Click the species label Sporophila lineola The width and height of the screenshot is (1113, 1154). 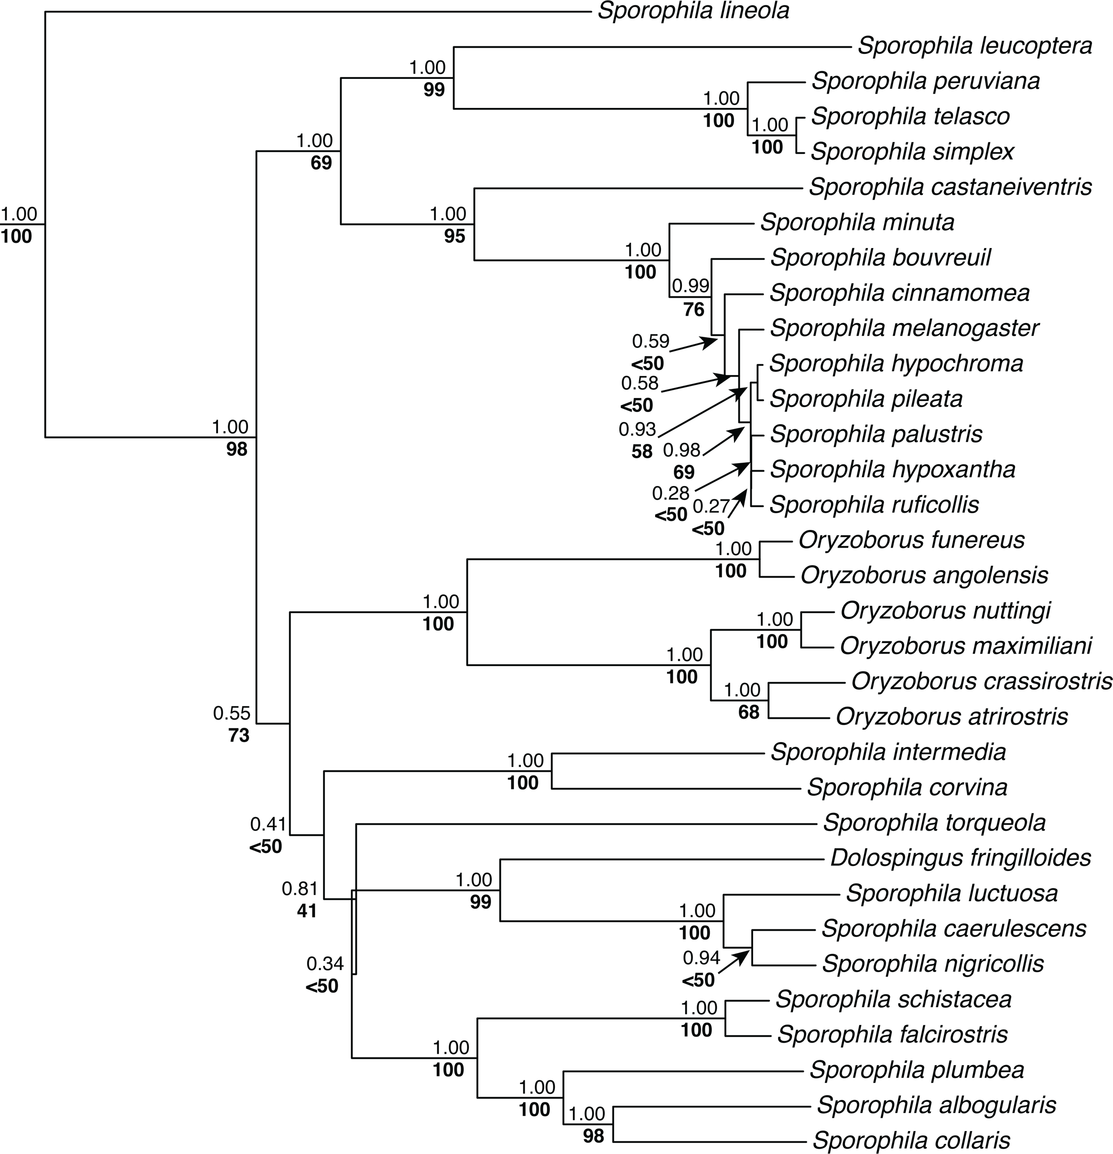(x=693, y=11)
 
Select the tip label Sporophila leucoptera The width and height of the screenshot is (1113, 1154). (x=974, y=46)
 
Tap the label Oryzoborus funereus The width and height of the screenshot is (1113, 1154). (x=911, y=540)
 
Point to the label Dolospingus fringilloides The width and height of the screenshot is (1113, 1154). (x=961, y=858)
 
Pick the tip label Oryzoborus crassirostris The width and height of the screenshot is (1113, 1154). (x=982, y=681)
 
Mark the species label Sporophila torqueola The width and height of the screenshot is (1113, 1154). (x=934, y=822)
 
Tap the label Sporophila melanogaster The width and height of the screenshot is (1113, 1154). (x=904, y=328)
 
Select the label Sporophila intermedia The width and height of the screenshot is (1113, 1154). (x=888, y=752)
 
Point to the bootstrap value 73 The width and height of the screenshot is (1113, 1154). (x=239, y=735)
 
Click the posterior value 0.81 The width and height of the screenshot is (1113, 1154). (x=300, y=888)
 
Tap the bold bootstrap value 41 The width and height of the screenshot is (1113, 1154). (x=306, y=911)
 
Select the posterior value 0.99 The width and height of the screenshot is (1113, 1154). (x=691, y=286)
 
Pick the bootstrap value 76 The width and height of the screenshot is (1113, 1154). (x=694, y=309)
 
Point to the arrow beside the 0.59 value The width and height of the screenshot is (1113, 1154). (x=695, y=345)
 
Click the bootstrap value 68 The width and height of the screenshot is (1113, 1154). (x=748, y=712)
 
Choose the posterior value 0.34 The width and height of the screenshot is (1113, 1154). (x=324, y=964)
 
